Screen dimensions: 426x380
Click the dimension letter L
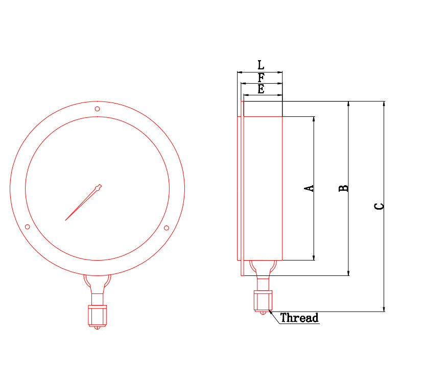pos(261,65)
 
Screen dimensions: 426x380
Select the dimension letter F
pos(261,78)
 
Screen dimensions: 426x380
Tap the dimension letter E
pos(261,89)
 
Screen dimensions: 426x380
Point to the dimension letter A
pos(309,188)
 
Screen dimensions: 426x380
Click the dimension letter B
pos(343,188)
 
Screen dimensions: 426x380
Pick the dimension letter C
pos(380,207)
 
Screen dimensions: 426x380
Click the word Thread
pos(299,318)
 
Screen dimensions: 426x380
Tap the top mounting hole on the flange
pos(97,109)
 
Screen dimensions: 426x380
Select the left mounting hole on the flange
pos(28,227)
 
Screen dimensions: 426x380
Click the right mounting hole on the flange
pos(167,228)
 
